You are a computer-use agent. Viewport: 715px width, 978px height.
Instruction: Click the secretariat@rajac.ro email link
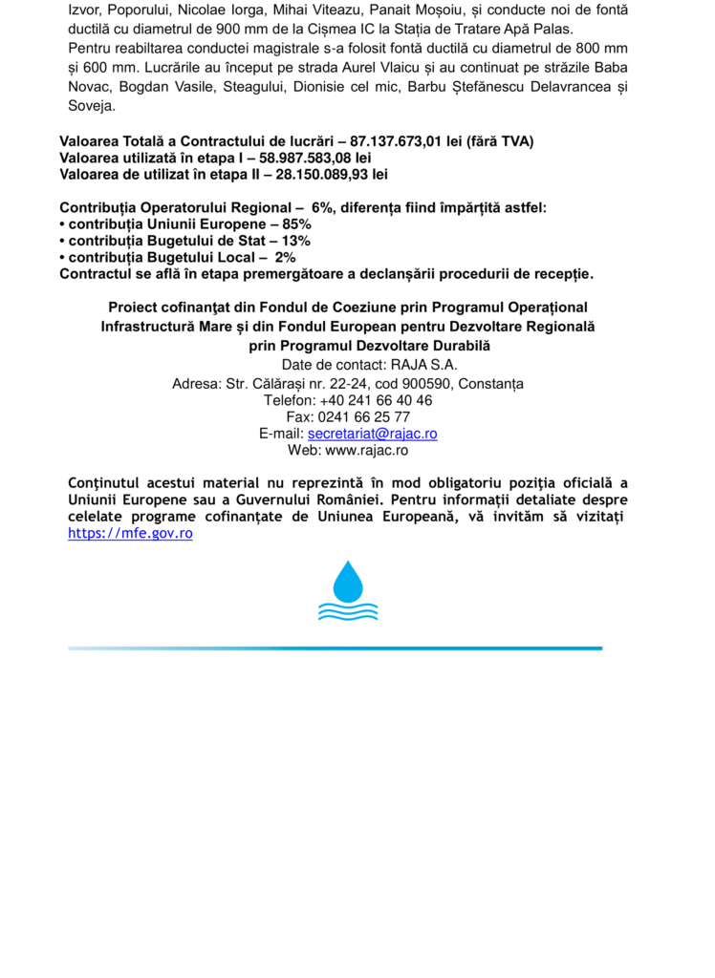[372, 433]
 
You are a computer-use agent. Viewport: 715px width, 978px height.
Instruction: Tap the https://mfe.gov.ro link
[130, 533]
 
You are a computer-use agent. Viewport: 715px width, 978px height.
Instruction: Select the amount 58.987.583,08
[306, 158]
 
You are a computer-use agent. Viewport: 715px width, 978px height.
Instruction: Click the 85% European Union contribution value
[296, 223]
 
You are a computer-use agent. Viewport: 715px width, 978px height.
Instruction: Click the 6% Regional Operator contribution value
[324, 207]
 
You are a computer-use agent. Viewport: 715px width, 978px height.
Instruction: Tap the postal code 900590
[425, 384]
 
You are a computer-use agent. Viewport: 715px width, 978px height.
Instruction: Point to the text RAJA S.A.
[418, 364]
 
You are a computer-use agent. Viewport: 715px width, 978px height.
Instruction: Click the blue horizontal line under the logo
[335, 648]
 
